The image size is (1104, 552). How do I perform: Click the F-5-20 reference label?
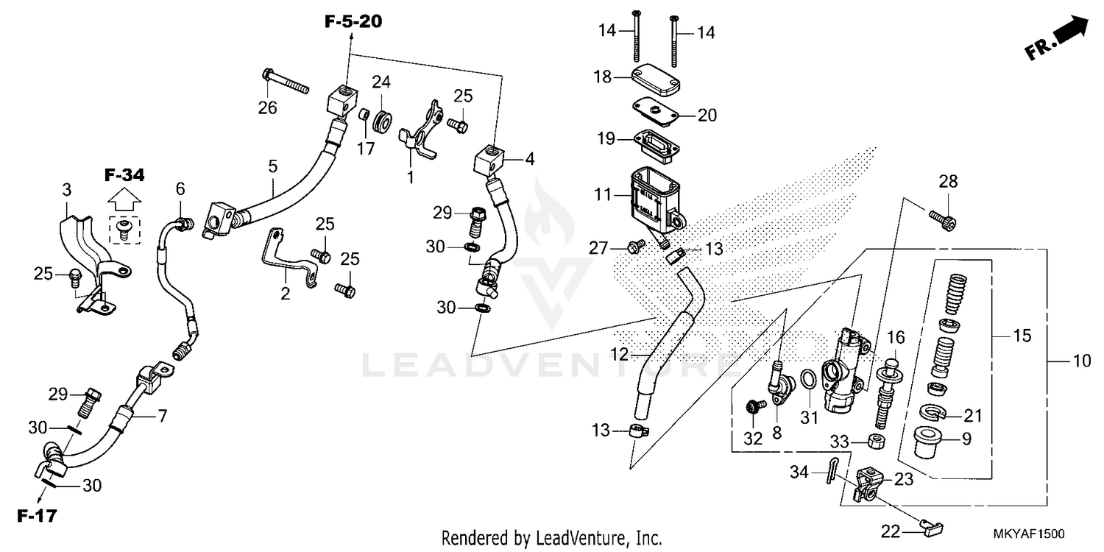click(353, 22)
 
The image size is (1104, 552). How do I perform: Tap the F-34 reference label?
click(124, 175)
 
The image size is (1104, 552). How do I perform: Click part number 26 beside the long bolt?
click(267, 108)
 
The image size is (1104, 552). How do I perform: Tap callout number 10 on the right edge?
click(1082, 361)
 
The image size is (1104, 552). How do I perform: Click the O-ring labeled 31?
click(807, 380)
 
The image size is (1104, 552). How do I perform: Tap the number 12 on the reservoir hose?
click(619, 354)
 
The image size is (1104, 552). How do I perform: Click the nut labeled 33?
click(875, 442)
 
